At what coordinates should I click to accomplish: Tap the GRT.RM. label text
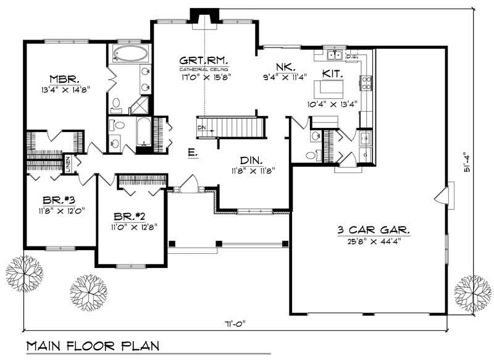[203, 61]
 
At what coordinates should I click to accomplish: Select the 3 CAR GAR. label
[374, 230]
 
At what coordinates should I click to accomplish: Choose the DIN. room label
[253, 159]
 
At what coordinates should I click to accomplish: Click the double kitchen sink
[335, 56]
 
